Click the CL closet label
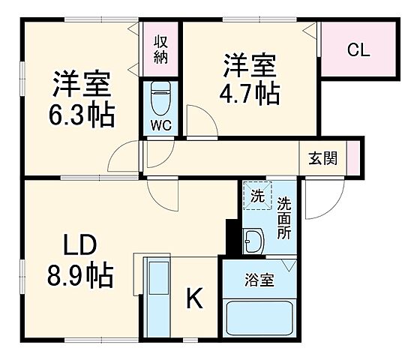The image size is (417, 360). pos(358,50)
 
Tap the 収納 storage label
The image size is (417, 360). pos(160,48)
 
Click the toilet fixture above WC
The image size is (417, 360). pos(160,97)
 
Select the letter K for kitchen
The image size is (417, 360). pos(194,299)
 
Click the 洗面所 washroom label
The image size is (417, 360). pos(283,217)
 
